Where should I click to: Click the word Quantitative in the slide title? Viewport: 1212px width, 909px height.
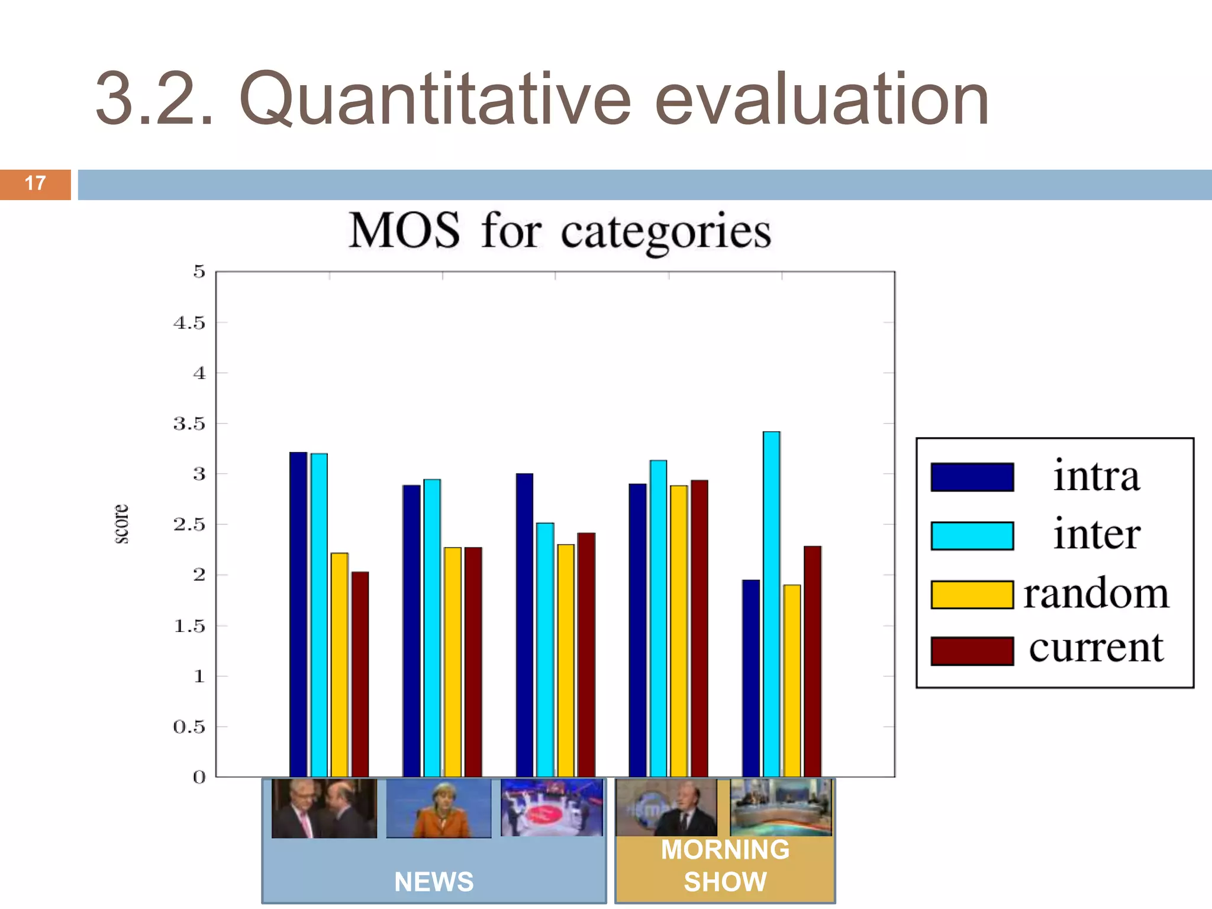435,99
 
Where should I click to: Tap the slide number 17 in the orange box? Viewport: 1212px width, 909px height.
36,183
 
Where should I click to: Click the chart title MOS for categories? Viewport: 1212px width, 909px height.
560,231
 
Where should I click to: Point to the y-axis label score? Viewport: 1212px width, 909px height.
121,524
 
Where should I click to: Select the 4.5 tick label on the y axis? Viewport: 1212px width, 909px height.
189,323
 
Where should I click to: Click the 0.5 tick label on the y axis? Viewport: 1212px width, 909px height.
189,727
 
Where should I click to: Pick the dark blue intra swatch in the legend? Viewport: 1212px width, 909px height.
972,477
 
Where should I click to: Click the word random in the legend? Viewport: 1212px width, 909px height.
1096,593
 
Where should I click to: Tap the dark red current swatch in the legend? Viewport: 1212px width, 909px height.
972,651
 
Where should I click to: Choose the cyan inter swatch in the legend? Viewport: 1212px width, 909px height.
972,536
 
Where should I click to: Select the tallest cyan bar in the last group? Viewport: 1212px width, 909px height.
771,604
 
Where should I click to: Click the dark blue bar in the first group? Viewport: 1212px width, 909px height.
298,615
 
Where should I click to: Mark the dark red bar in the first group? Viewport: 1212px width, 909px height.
360,675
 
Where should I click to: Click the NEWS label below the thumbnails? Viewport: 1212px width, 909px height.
434,882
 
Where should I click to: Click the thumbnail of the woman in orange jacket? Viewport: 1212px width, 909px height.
439,808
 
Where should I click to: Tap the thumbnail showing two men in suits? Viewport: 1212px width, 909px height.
324,808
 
